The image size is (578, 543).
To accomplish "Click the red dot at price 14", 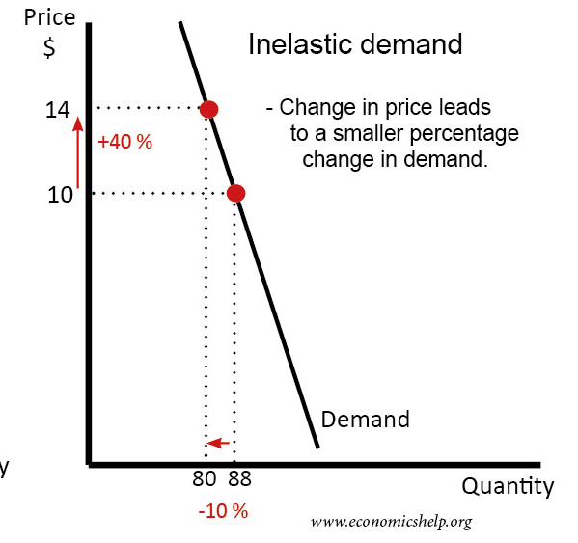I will (x=207, y=108).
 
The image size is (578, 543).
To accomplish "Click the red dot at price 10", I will (x=234, y=193).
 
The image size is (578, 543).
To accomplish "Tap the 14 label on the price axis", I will (x=58, y=110).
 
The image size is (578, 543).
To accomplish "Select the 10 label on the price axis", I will (x=60, y=194).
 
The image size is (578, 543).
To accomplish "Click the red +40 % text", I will (x=125, y=141).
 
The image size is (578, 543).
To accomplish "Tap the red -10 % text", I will (x=223, y=511).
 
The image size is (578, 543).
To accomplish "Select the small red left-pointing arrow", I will (x=219, y=443).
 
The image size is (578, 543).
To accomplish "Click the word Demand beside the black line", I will (x=365, y=420).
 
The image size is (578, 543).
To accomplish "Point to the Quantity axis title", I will (x=508, y=486).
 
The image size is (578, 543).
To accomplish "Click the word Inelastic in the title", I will (x=302, y=44).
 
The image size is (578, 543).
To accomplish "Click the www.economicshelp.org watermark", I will (x=391, y=522).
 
